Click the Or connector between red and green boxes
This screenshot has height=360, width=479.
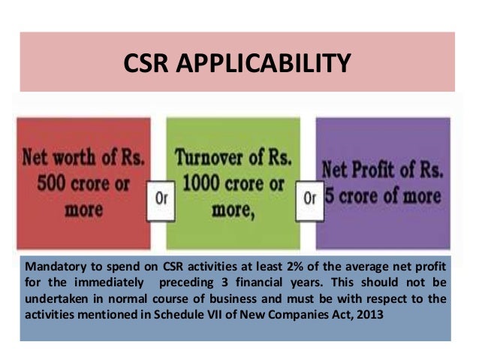click(160, 200)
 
